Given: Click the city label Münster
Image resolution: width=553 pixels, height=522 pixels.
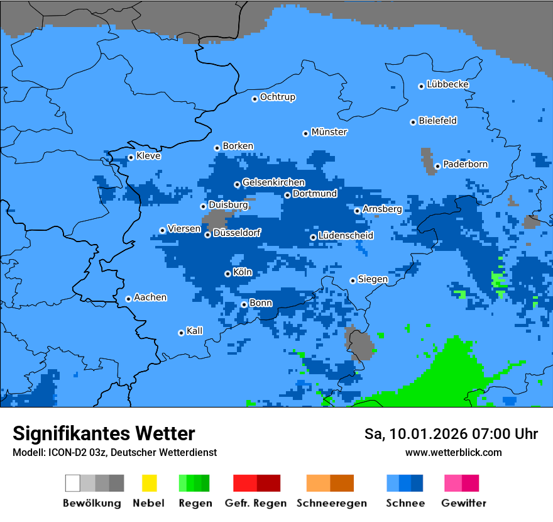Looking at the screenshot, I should point(329,132).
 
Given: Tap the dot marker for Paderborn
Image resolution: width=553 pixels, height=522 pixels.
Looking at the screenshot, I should point(437,167).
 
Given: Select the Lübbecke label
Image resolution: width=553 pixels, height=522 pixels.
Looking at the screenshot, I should point(447,84).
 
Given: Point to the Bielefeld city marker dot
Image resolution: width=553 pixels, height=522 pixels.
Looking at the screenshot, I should point(413,122).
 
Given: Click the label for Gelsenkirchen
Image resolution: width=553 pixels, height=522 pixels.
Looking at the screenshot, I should point(273,182).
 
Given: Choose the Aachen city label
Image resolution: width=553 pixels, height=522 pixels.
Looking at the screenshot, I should point(150,297).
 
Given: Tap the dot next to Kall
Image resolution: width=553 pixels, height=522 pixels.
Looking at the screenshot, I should point(181,333).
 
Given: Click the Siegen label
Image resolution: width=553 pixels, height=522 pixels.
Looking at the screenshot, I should point(373,279).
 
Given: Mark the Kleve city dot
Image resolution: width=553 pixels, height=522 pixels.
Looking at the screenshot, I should point(131,157).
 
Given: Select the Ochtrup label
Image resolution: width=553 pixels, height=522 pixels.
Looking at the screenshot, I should point(277,97).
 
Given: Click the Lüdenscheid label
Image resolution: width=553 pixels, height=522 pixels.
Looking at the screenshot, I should point(346,235).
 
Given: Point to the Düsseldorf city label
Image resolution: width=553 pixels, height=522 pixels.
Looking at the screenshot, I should point(236,233).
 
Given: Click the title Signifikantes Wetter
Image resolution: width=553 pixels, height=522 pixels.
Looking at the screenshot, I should point(104,433).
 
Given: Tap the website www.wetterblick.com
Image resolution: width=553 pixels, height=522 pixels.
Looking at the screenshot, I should point(453,452).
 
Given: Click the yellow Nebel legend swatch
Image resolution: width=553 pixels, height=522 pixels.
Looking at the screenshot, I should point(149,483).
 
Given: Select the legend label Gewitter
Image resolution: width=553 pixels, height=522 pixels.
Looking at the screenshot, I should point(463,503).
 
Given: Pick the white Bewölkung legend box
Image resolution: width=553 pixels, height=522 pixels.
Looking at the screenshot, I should point(73,483).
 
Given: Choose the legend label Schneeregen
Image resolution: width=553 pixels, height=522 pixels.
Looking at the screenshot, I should point(332,503).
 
